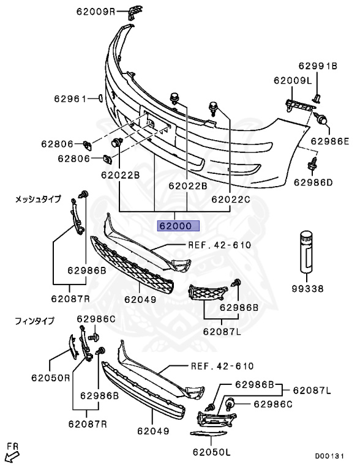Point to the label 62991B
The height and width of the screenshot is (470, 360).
point(318,66)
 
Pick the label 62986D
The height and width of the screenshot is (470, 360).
point(313,182)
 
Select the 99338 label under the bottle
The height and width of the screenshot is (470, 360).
point(307,287)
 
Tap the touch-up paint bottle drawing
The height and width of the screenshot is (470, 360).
point(307,251)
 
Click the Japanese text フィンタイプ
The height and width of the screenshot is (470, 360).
point(34,320)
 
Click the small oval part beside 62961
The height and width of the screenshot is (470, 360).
point(100,97)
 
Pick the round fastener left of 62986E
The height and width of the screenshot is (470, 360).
point(321,119)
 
